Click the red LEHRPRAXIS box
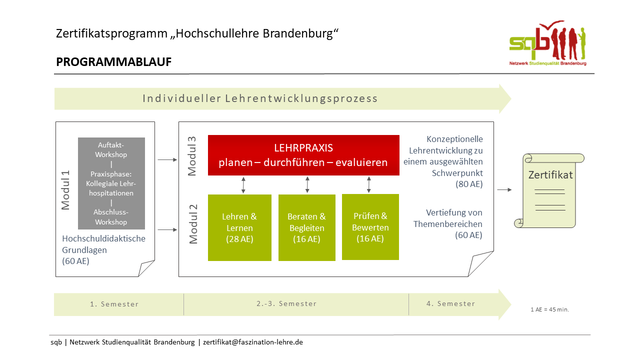point(303,155)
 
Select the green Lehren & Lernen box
point(239,227)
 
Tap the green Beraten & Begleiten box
point(307,227)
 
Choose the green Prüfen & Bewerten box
point(370,227)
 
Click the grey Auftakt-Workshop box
point(111,183)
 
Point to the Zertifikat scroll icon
point(549,190)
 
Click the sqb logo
point(548,43)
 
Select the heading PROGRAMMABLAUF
point(113,62)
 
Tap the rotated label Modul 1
point(65,190)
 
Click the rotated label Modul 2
point(193,224)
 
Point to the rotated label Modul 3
point(192,156)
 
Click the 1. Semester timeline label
point(114,304)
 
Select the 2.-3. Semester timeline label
point(286,303)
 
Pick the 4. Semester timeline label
point(451,303)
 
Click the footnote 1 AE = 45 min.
point(549,309)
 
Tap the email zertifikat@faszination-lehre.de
point(253,342)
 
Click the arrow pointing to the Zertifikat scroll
point(504,189)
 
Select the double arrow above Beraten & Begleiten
point(307,184)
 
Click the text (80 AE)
point(469,184)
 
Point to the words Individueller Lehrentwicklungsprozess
point(260,98)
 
